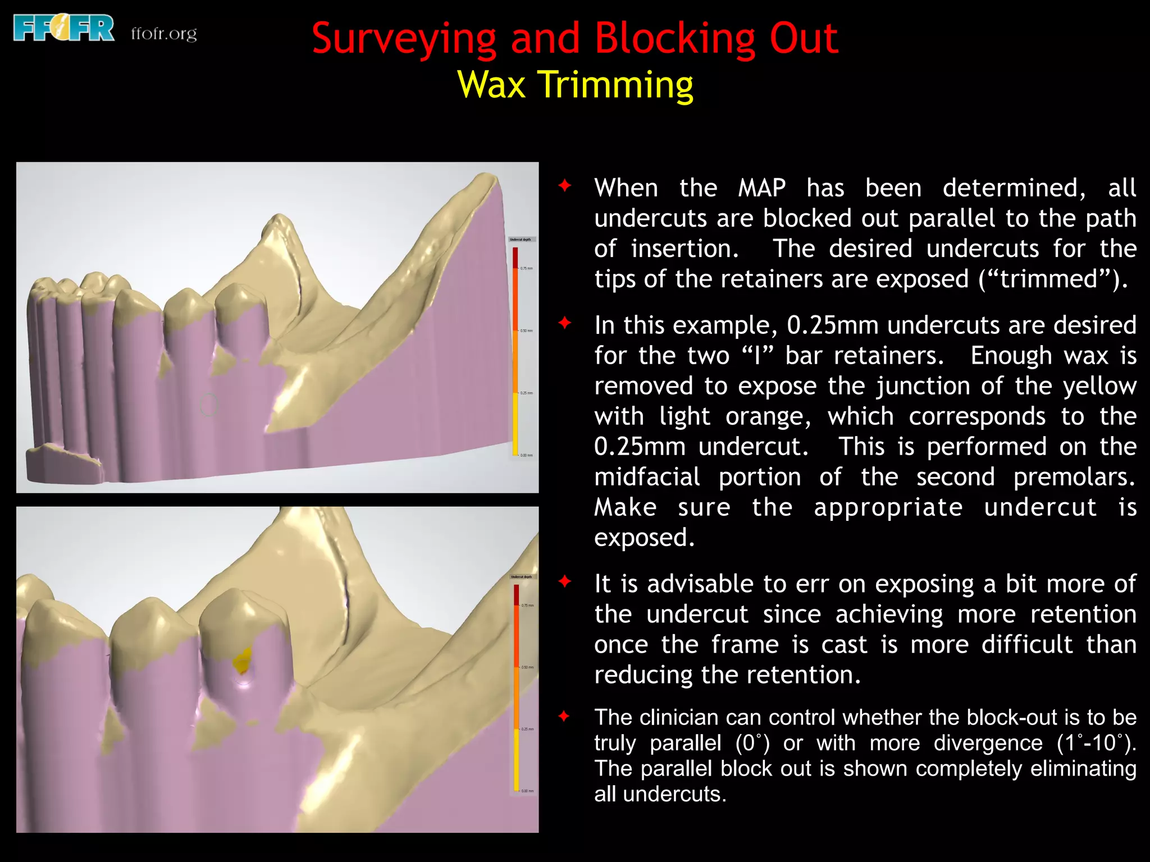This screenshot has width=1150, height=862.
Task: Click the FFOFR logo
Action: coord(63,29)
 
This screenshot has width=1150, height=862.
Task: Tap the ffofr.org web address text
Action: coord(164,34)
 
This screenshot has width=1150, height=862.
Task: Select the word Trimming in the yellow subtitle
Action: coord(615,85)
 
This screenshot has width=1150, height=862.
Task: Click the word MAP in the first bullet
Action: coord(761,188)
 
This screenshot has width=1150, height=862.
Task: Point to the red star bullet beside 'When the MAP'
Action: coord(565,185)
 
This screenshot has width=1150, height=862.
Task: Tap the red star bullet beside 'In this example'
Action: coord(565,323)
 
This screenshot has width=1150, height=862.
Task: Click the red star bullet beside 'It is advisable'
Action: coord(565,581)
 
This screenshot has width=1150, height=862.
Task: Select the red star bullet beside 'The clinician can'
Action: coord(565,716)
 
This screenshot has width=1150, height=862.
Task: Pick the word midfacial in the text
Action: coord(647,477)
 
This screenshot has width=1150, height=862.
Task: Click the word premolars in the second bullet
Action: coord(1074,477)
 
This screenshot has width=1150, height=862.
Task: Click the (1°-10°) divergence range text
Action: coord(1096,743)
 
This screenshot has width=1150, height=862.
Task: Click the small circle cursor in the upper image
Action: coord(208,405)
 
